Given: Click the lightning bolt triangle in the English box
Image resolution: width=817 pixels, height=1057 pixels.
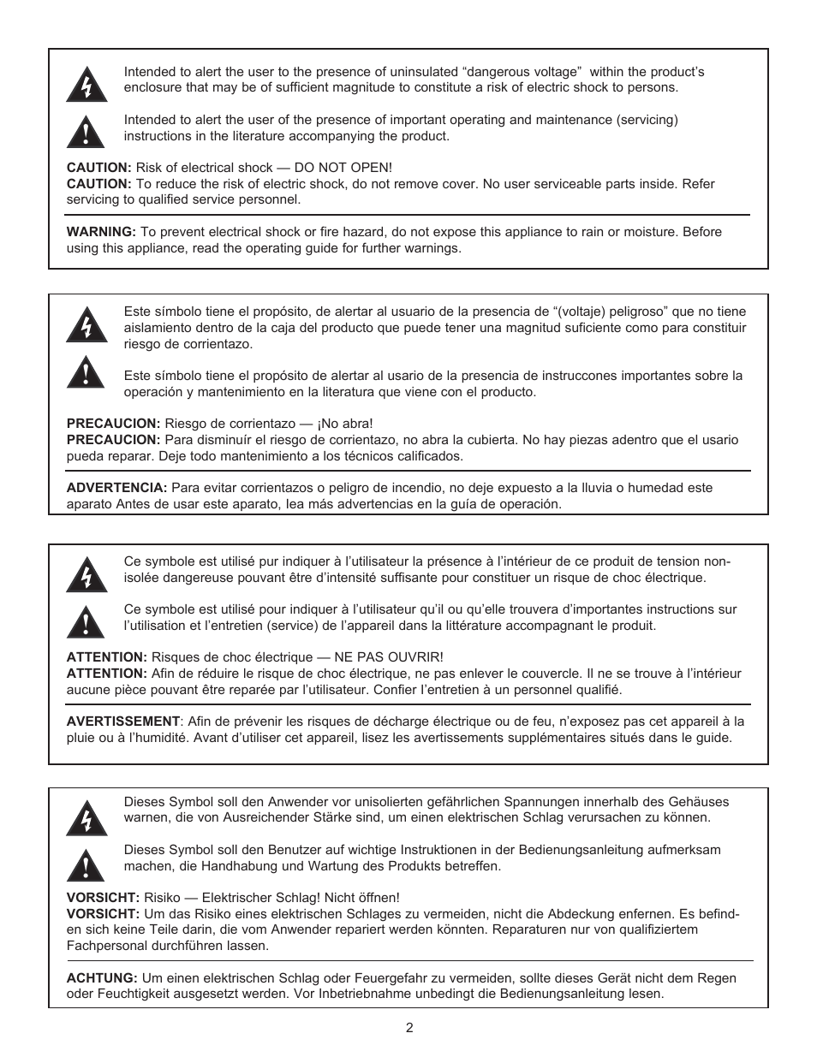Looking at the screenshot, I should coord(86,84).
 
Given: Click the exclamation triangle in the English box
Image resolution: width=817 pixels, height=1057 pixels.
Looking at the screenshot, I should coord(86,131).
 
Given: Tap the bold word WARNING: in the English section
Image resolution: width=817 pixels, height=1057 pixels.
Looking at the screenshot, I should coord(101,232).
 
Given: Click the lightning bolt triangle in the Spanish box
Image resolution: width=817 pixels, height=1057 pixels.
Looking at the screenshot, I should coord(86,325).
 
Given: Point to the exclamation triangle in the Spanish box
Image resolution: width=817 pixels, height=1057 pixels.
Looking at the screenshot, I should coord(86,373).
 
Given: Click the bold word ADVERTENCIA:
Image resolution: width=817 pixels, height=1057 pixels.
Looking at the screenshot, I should coord(116,488).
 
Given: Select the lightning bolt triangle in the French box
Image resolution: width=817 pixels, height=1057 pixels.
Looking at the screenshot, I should coord(86,574).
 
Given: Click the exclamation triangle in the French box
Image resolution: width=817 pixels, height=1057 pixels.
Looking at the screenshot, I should coord(86,621).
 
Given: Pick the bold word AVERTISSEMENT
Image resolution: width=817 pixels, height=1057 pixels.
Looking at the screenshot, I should coord(123,721).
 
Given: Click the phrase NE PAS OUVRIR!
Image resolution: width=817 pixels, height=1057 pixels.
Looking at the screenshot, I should coord(394,657).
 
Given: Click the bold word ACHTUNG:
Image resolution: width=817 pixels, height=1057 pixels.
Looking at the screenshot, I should coord(102,978).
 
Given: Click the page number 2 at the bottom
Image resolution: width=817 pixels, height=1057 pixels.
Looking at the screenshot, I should coord(409,1028).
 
